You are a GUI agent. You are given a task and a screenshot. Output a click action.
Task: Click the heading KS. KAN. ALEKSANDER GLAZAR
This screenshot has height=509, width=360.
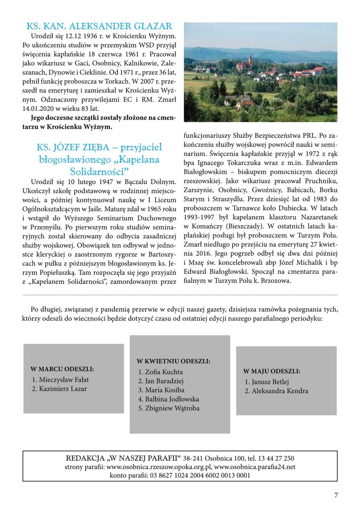[x=99, y=26]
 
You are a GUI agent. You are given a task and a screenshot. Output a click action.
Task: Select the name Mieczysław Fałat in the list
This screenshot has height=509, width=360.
[x=64, y=380]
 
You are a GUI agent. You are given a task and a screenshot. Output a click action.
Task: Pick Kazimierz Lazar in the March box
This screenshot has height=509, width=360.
[x=62, y=389]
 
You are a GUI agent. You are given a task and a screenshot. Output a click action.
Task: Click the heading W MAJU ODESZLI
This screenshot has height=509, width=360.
[x=271, y=371]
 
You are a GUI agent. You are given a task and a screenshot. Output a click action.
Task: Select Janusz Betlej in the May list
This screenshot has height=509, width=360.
[x=270, y=382]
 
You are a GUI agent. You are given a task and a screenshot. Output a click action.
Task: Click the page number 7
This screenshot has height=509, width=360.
[x=336, y=495]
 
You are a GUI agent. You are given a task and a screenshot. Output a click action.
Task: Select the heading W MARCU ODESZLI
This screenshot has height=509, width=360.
[x=62, y=369]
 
